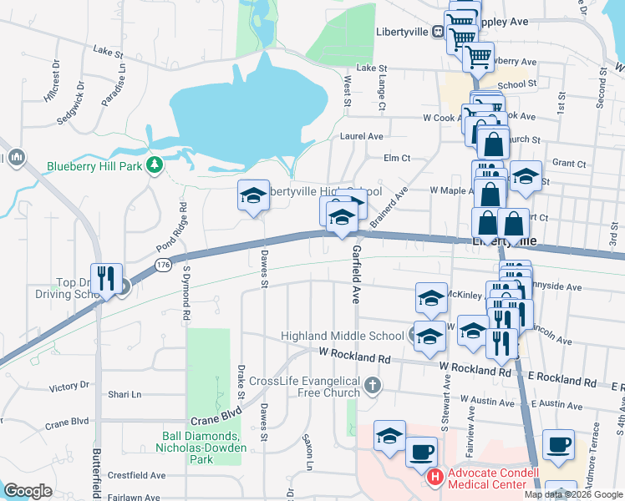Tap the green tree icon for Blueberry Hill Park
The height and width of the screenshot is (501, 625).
pyautogui.click(x=153, y=165)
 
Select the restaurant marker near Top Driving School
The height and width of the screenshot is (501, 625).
pyautogui.click(x=106, y=279)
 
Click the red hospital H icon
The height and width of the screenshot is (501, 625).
pyautogui.click(x=434, y=478)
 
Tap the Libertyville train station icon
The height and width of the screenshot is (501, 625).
pyautogui.click(x=438, y=32)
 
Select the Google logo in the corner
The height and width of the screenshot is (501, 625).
pyautogui.click(x=28, y=490)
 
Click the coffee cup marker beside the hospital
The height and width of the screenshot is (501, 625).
pyautogui.click(x=421, y=452)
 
